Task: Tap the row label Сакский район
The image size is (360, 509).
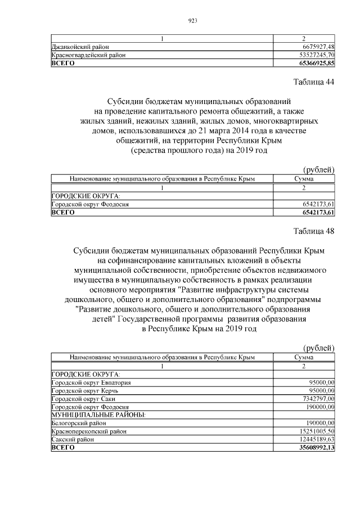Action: tap(71, 439)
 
